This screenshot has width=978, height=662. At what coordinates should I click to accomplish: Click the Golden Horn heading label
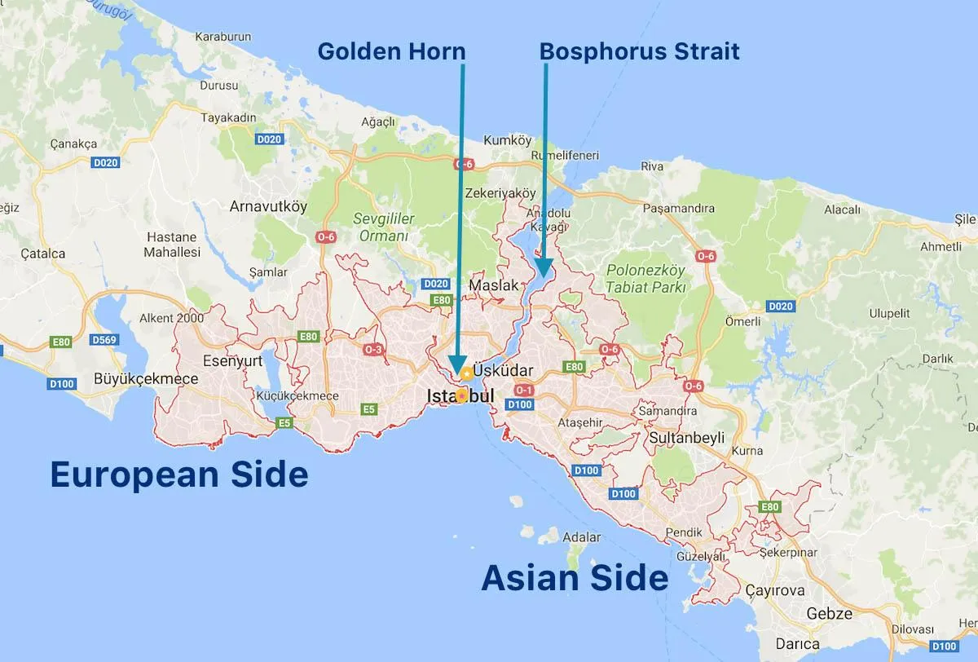pyautogui.click(x=391, y=51)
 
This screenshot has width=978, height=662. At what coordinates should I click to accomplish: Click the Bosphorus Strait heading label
pyautogui.click(x=640, y=51)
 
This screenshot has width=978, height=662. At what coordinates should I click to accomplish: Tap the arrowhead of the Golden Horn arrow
pyautogui.click(x=457, y=364)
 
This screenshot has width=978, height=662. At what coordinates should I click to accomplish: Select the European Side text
pyautogui.click(x=179, y=474)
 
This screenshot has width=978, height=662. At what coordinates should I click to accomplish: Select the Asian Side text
pyautogui.click(x=575, y=578)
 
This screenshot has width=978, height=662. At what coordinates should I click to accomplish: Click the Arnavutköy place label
pyautogui.click(x=268, y=206)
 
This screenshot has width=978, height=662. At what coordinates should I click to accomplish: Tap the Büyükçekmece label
pyautogui.click(x=146, y=378)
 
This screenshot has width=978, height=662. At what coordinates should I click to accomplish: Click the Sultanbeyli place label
pyautogui.click(x=687, y=438)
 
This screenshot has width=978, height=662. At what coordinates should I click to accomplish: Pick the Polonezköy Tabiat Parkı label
pyautogui.click(x=646, y=278)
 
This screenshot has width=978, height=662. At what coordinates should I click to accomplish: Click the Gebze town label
pyautogui.click(x=829, y=614)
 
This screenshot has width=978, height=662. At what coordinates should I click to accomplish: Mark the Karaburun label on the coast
pyautogui.click(x=222, y=37)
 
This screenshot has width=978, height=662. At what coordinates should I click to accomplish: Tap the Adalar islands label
pyautogui.click(x=582, y=537)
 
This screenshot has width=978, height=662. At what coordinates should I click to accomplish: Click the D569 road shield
pyautogui.click(x=105, y=339)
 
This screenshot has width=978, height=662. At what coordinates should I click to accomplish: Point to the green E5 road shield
pyautogui.click(x=284, y=422)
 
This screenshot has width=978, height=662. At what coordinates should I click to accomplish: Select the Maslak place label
pyautogui.click(x=494, y=286)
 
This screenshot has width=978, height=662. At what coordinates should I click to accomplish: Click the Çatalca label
pyautogui.click(x=44, y=254)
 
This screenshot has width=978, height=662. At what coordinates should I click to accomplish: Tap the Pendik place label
pyautogui.click(x=683, y=532)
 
